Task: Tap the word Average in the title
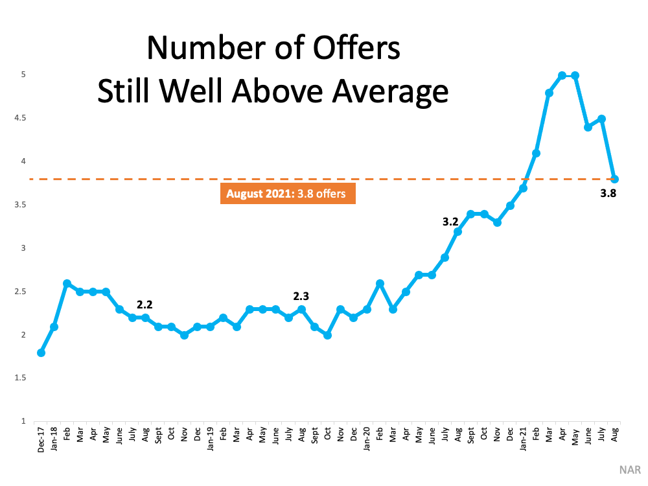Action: pyautogui.click(x=391, y=92)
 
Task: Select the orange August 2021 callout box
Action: pyautogui.click(x=288, y=193)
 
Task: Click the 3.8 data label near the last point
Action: pyautogui.click(x=608, y=193)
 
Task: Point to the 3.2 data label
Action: pyautogui.click(x=450, y=222)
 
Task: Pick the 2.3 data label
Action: pyautogui.click(x=301, y=296)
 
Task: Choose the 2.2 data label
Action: pyautogui.click(x=145, y=305)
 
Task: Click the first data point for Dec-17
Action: pyautogui.click(x=41, y=353)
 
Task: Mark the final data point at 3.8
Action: pyautogui.click(x=614, y=179)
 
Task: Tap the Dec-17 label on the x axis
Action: pyautogui.click(x=41, y=440)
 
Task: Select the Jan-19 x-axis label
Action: pyautogui.click(x=210, y=439)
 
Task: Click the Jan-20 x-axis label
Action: pyautogui.click(x=366, y=439)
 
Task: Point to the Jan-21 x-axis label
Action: pyautogui.click(x=523, y=439)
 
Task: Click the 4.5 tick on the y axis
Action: pyautogui.click(x=20, y=118)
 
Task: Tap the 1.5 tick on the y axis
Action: pyautogui.click(x=20, y=378)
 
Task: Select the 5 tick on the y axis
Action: pyautogui.click(x=23, y=75)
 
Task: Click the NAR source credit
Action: pyautogui.click(x=630, y=470)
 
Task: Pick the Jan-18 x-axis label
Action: pyautogui.click(x=54, y=439)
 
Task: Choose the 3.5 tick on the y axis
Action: pyautogui.click(x=20, y=205)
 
